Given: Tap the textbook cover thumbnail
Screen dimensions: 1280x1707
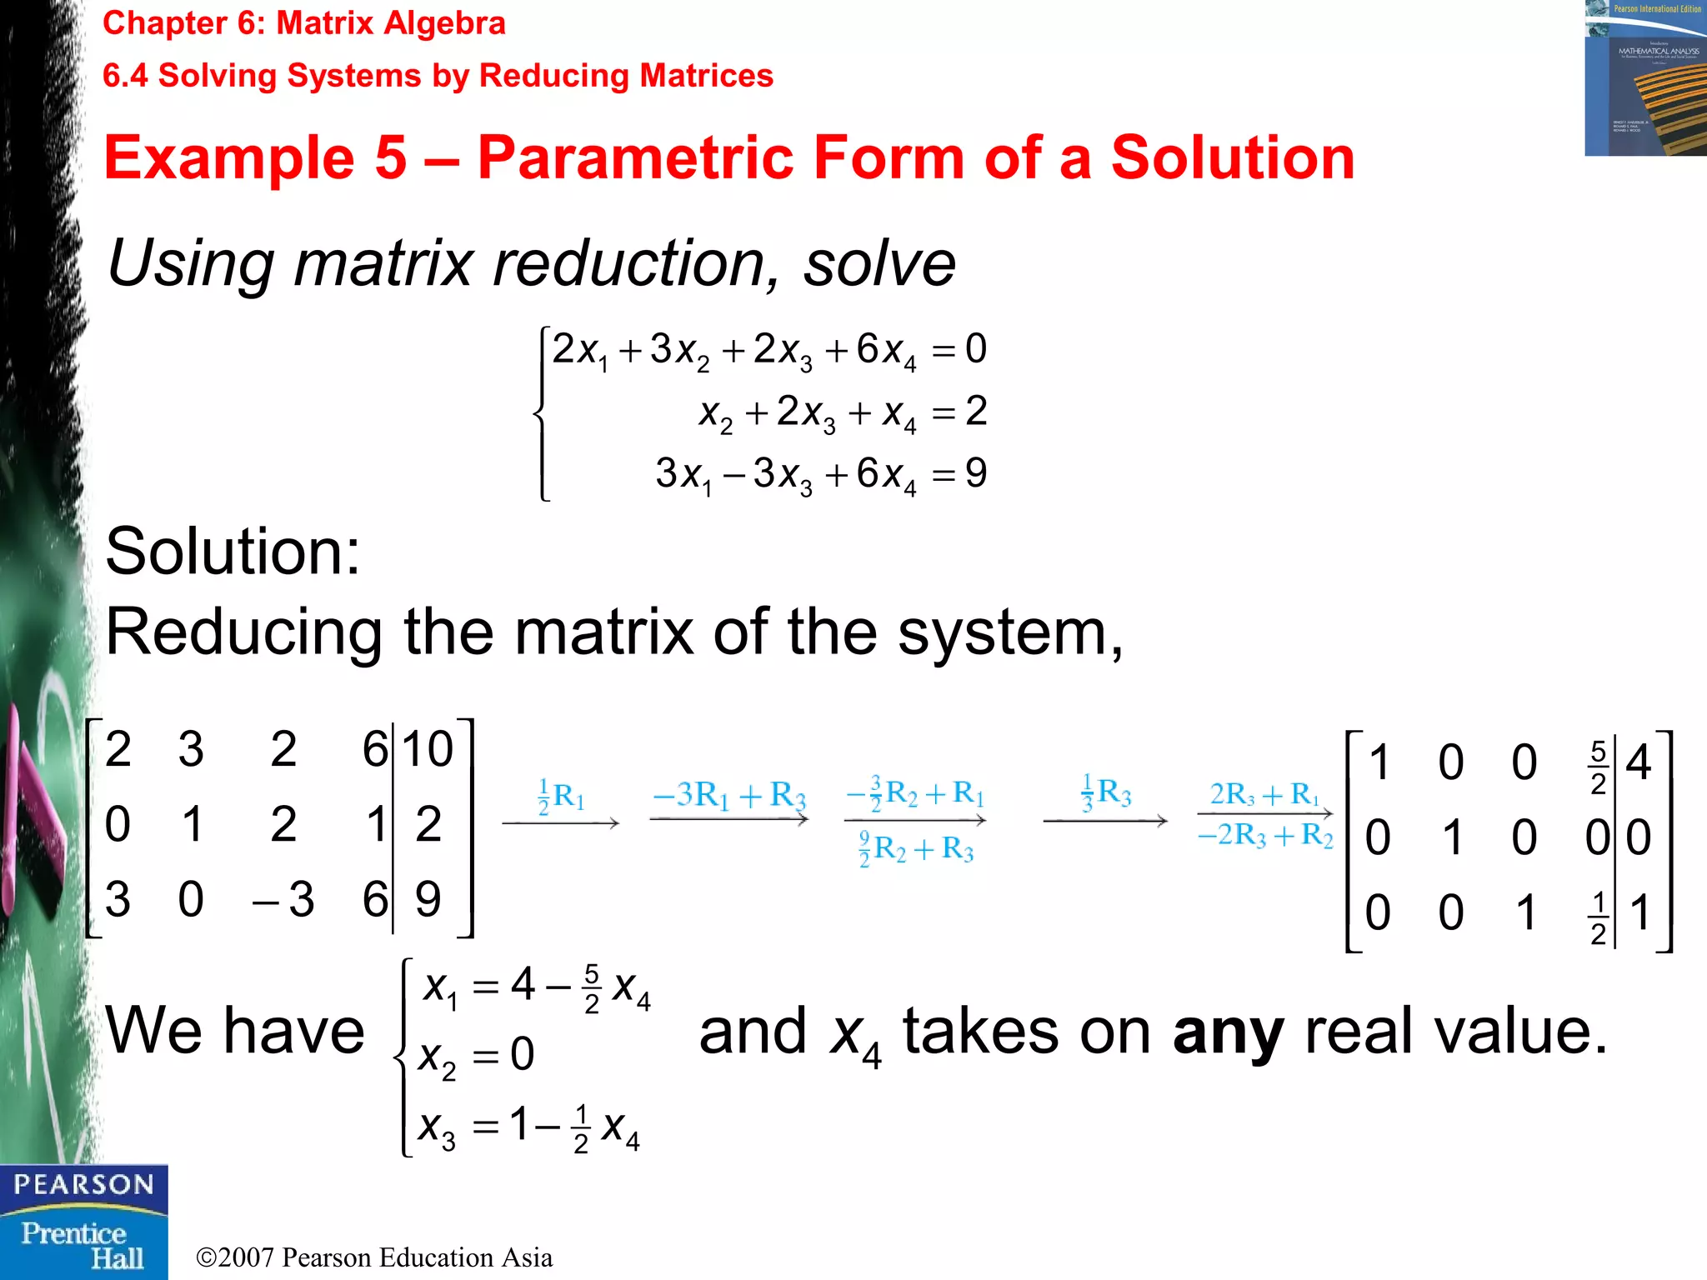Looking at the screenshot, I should coord(1645,78).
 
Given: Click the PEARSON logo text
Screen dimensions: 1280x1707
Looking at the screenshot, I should coord(83,1184).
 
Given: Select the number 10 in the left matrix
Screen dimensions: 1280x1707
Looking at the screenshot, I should coord(427,748).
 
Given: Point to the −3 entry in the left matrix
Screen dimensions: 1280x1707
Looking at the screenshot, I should coord(283,899).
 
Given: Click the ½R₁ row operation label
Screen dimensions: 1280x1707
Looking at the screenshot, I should coord(561,797).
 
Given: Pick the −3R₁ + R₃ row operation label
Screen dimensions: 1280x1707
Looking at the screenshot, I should coord(729,794).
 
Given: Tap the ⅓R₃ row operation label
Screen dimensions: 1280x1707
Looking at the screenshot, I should coord(1105,792).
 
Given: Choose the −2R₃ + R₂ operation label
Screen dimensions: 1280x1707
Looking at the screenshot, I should coord(1264,834).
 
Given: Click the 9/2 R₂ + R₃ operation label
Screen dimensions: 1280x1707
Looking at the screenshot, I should coord(916,849).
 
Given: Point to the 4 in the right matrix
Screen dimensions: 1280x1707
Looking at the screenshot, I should coord(1638,762).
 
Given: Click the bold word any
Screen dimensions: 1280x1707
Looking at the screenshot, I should coord(1228,1032).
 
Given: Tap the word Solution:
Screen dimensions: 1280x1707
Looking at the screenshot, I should coord(233,551).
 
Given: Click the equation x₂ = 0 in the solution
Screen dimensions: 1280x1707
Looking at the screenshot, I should coord(476,1056).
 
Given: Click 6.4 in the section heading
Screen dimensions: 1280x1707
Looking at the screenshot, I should coord(125,76).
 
